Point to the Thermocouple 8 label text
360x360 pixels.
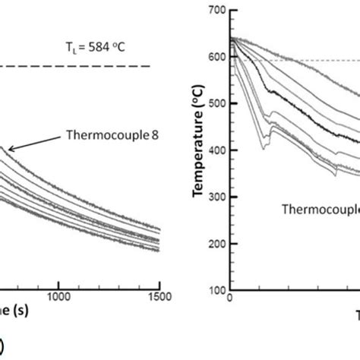[x=108, y=138]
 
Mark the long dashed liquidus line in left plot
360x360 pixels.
[x=76, y=67]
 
